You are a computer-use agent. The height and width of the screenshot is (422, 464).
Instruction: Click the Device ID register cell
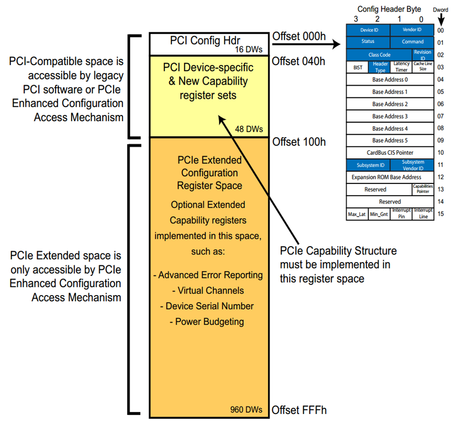[x=368, y=30]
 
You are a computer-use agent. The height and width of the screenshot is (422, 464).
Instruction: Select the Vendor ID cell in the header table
[x=412, y=29]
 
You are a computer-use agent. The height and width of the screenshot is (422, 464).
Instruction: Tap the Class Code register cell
[x=379, y=55]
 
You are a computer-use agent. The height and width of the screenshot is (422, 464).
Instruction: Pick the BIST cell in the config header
[x=357, y=67]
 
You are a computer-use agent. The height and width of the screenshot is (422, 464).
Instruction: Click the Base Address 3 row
[x=390, y=116]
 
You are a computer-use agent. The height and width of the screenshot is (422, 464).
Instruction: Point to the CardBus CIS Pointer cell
[x=390, y=153]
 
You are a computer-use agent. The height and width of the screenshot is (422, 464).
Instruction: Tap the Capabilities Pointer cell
[x=423, y=189]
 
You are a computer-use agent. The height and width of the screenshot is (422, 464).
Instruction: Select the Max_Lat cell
[x=357, y=214]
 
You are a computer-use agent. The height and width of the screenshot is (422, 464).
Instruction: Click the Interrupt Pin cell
[x=401, y=214]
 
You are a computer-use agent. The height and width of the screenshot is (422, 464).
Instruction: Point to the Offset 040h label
[x=298, y=61]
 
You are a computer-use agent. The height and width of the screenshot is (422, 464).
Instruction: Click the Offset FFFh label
[x=299, y=410]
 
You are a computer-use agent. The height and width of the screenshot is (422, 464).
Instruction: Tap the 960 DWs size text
[x=246, y=409]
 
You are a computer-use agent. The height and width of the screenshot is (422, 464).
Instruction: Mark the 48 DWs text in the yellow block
[x=249, y=129]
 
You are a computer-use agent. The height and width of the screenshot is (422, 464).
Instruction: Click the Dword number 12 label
[x=441, y=177]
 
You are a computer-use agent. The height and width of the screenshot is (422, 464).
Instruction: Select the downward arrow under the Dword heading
[x=441, y=20]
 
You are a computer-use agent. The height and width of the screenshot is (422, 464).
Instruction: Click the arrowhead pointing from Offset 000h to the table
[x=336, y=44]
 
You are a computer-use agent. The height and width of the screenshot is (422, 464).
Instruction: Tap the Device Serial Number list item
[x=207, y=306]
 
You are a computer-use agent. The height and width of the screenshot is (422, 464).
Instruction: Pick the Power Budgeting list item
[x=207, y=322]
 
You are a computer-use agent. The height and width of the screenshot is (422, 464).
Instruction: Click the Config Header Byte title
[x=389, y=9]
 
